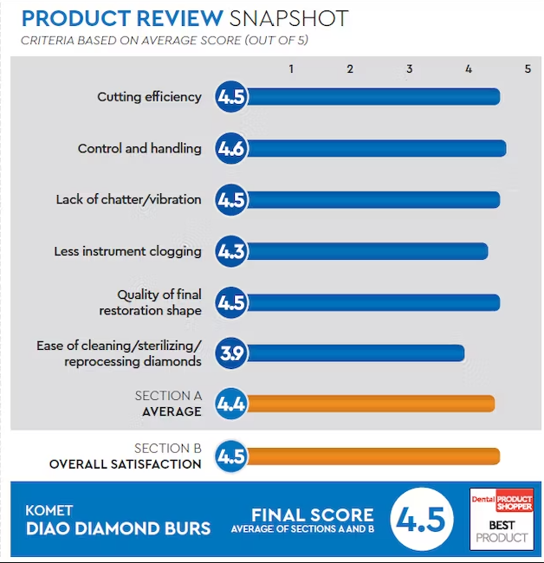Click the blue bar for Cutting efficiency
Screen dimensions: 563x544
click(372, 97)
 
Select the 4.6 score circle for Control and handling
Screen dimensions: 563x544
click(231, 149)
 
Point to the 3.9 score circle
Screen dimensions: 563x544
click(231, 353)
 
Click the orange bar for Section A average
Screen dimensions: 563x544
click(370, 404)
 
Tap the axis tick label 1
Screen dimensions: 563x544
click(291, 68)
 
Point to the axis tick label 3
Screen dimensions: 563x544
click(409, 68)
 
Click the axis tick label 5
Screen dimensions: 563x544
click(527, 68)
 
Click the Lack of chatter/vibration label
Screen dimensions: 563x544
click(128, 200)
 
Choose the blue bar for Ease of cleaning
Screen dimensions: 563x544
click(355, 353)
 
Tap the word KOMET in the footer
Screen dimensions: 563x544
click(49, 510)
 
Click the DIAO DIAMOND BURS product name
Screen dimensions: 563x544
click(118, 528)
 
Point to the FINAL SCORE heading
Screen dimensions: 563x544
click(312, 515)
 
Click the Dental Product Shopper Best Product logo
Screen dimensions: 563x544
click(502, 520)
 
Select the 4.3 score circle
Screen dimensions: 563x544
click(231, 251)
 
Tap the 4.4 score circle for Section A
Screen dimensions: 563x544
click(231, 404)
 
